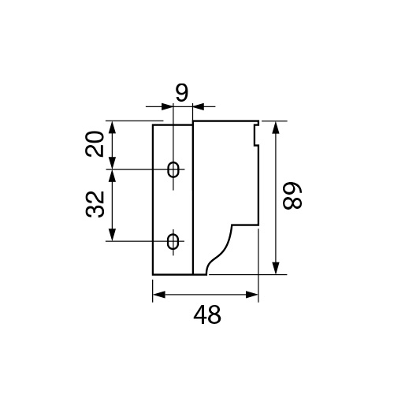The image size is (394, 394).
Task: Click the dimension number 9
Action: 182,93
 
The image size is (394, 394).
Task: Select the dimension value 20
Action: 95,144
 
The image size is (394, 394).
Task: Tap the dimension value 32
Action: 95,204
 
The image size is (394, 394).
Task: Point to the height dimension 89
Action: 292,195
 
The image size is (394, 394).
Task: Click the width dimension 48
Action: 207,314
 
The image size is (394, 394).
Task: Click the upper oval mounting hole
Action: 173,169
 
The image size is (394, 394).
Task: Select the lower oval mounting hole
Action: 173,241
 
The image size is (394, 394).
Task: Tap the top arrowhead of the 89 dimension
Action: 275,128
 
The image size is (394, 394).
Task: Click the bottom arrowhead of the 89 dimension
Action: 275,268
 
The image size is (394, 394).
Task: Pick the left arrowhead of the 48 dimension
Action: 159,295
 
